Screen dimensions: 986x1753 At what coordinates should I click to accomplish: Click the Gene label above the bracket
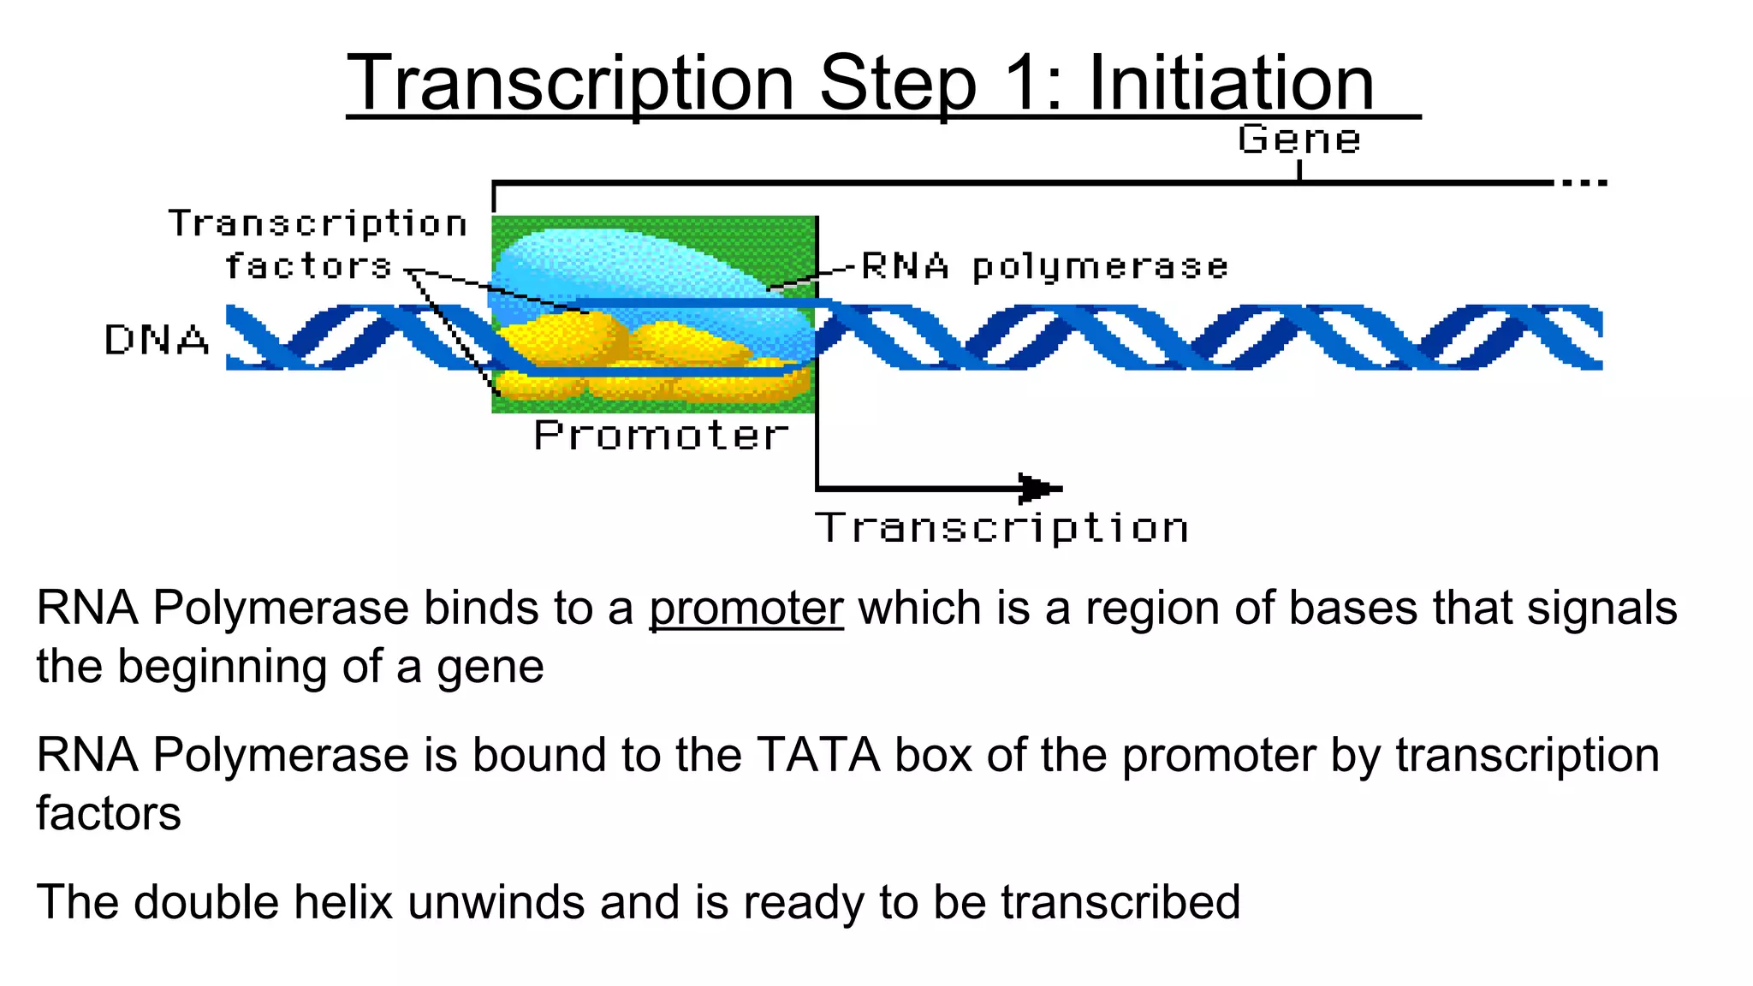[x=1298, y=140]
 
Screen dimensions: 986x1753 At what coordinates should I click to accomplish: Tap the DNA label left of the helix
[x=157, y=340]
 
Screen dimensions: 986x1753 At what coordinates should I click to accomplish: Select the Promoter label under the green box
[x=660, y=436]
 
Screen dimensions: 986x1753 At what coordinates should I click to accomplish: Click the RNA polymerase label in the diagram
[x=1044, y=267]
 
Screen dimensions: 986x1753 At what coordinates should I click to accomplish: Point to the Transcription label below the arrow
[x=1001, y=527]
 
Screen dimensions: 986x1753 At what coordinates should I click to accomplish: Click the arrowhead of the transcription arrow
[x=1038, y=489]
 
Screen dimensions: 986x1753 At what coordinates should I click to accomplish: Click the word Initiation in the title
[x=1230, y=83]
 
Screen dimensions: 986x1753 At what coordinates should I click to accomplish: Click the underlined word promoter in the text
[x=746, y=609]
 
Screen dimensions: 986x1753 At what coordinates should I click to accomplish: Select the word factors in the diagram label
[x=308, y=266]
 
